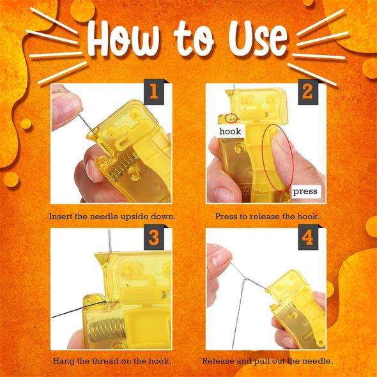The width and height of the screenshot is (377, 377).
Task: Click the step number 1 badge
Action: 154,92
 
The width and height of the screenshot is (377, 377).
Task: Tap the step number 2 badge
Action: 308,92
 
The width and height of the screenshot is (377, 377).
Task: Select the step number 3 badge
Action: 154,237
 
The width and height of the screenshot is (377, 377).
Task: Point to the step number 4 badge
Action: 308,237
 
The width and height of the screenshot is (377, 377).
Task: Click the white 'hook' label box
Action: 230,131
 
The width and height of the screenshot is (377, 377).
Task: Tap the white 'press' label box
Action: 305,192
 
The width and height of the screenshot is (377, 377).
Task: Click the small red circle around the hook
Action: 231,118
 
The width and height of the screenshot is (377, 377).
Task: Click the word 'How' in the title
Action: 123,39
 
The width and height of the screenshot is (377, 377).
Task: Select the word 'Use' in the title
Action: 258,39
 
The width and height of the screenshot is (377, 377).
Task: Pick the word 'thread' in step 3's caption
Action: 106,361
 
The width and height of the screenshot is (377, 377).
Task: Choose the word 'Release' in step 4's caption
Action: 219,361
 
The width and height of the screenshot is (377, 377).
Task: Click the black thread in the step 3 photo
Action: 79,309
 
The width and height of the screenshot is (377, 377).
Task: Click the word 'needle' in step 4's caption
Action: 318,361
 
